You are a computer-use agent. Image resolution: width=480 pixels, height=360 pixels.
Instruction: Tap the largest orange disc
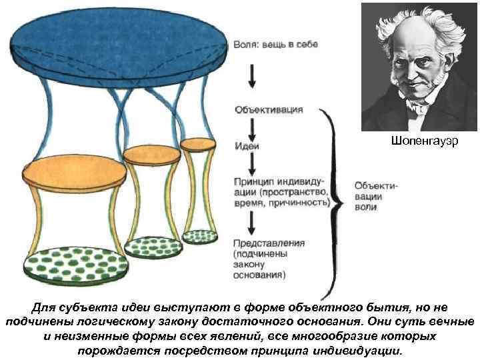click(74, 173)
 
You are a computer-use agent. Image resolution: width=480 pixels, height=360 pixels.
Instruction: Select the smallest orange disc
click(197, 143)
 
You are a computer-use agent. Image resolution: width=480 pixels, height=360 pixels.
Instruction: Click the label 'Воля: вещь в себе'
click(275, 44)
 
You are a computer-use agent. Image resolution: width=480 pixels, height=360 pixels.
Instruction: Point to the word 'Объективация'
click(269, 109)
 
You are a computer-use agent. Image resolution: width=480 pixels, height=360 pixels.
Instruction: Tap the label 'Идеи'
click(247, 145)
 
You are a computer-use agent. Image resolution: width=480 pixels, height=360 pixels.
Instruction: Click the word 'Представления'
click(269, 243)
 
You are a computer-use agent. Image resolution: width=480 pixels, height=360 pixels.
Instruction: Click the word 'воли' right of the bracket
click(365, 207)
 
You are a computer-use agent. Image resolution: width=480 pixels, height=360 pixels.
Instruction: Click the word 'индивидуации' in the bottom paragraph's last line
click(357, 351)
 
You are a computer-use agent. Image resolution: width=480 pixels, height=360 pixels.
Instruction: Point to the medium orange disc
click(153, 155)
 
